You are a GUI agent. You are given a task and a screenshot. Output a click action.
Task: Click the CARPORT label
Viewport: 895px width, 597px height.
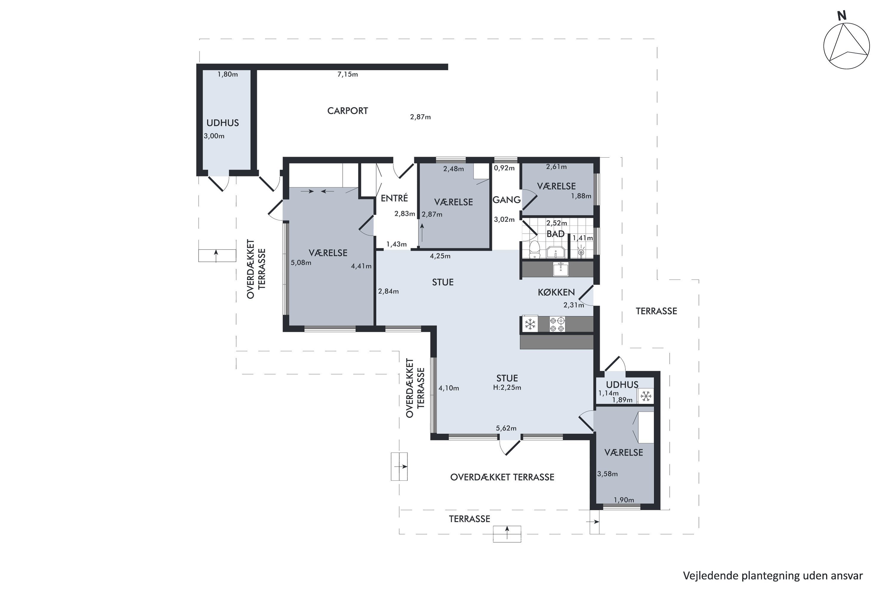click(x=348, y=111)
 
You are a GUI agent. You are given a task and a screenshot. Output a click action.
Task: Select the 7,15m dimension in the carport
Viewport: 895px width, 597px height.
click(x=348, y=74)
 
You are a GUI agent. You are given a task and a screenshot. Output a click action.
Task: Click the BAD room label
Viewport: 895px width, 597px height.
click(x=555, y=234)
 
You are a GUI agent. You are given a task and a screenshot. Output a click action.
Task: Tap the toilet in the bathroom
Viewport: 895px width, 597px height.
click(x=535, y=249)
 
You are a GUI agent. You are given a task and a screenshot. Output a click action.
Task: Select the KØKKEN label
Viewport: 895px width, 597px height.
click(x=556, y=293)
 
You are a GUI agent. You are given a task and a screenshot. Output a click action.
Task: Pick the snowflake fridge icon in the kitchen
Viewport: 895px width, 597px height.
click(x=530, y=324)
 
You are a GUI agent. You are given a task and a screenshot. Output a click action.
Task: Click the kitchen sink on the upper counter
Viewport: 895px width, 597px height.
click(x=561, y=269)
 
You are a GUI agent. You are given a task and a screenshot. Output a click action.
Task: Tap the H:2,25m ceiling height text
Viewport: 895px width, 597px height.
click(x=507, y=387)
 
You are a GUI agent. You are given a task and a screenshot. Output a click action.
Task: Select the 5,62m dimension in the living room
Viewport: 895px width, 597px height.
click(x=506, y=428)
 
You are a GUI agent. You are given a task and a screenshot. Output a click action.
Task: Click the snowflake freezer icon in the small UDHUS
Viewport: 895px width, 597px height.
click(x=645, y=397)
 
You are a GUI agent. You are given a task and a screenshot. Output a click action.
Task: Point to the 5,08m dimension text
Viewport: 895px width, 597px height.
click(x=301, y=263)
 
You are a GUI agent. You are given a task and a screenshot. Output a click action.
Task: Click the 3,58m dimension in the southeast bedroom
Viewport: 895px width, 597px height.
click(x=607, y=474)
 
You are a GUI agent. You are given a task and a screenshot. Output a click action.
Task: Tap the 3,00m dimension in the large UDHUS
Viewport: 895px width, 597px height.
click(x=214, y=136)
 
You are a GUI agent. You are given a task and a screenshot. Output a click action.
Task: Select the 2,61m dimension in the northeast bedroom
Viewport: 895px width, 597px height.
click(x=556, y=167)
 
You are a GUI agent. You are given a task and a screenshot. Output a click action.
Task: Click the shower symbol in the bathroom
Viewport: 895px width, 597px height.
click(x=581, y=252)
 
